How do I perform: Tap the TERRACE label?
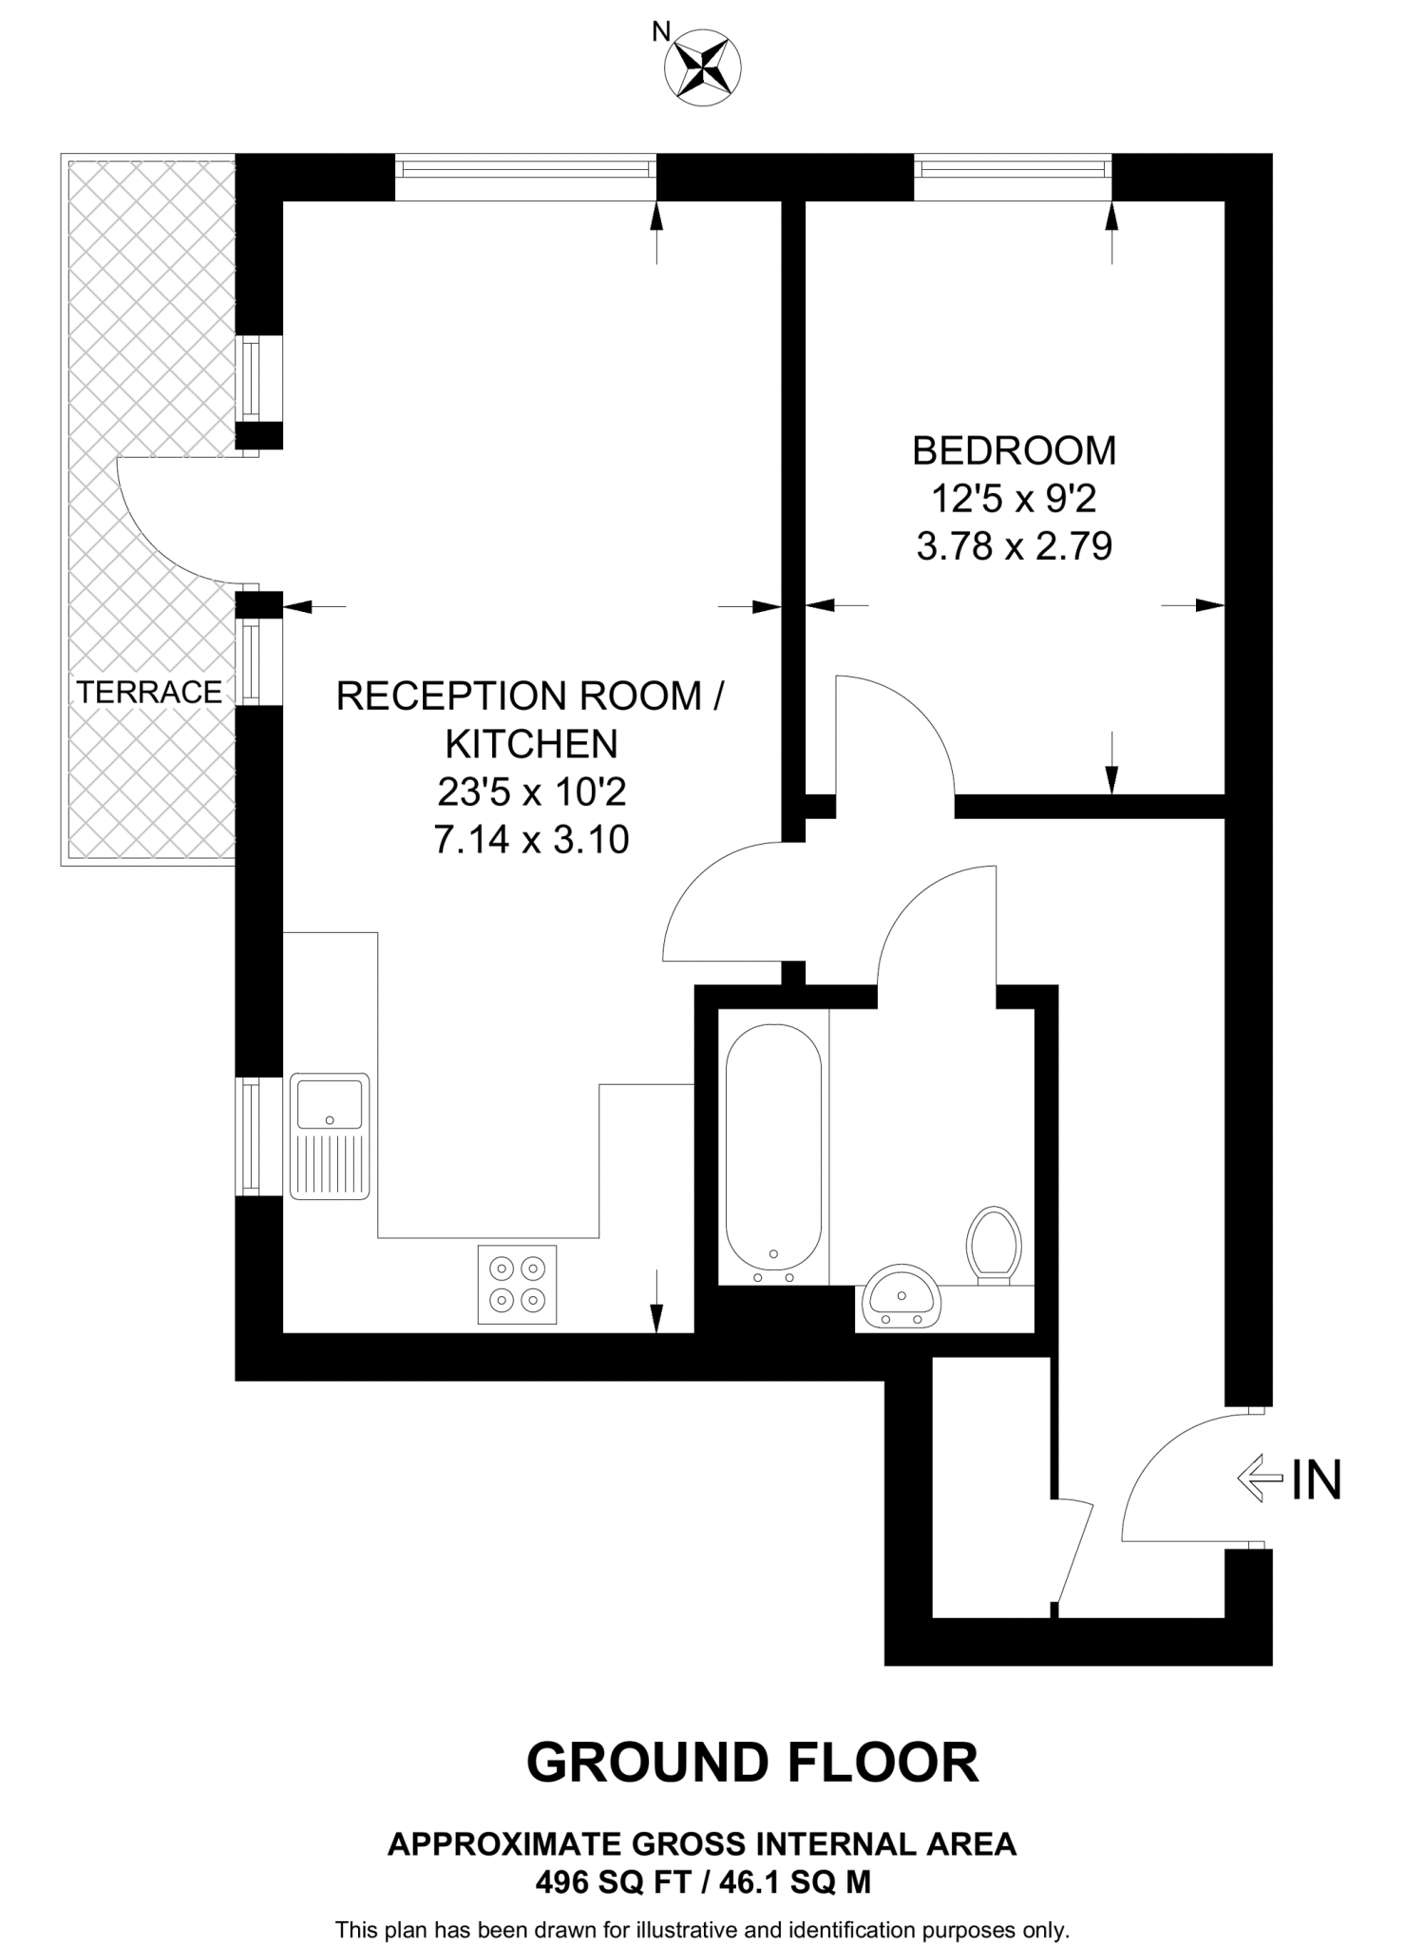click(149, 692)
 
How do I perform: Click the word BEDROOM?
click(1014, 450)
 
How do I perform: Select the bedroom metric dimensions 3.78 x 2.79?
click(1014, 547)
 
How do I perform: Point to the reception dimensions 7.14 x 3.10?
click(531, 840)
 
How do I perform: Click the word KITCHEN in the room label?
click(531, 743)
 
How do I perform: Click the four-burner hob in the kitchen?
click(517, 1284)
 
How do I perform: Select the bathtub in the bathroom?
click(773, 1147)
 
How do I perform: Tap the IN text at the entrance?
click(1316, 1479)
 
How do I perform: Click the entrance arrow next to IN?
click(1259, 1479)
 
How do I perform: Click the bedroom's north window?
click(1014, 168)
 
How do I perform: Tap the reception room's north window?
click(526, 169)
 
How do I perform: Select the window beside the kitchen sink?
click(250, 1136)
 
